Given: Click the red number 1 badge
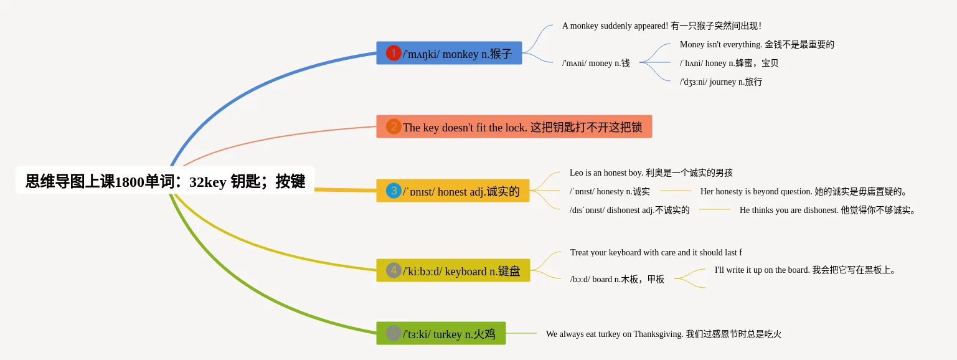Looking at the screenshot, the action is tap(394, 53).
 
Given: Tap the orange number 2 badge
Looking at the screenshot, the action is tap(394, 126).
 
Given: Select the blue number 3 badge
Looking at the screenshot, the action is tap(394, 191).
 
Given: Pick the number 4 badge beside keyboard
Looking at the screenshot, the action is tap(394, 270).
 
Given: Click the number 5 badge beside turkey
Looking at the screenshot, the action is tap(394, 333).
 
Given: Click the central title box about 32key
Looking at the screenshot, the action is tap(165, 181).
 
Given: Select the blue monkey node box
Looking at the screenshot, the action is tap(449, 53).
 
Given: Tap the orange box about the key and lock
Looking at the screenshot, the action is tap(514, 126).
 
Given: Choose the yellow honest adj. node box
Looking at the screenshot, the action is tap(453, 191).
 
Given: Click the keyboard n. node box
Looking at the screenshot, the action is tap(453, 270).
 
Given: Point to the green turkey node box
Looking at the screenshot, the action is tap(441, 333).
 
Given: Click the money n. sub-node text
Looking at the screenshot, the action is tap(596, 64).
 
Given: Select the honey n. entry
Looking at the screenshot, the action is tap(729, 64).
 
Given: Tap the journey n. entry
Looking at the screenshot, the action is tap(721, 82).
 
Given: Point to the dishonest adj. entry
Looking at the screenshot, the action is tap(629, 210).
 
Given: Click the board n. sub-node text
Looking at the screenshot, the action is tap(617, 279).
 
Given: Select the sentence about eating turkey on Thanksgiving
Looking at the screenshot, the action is tap(664, 334).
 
